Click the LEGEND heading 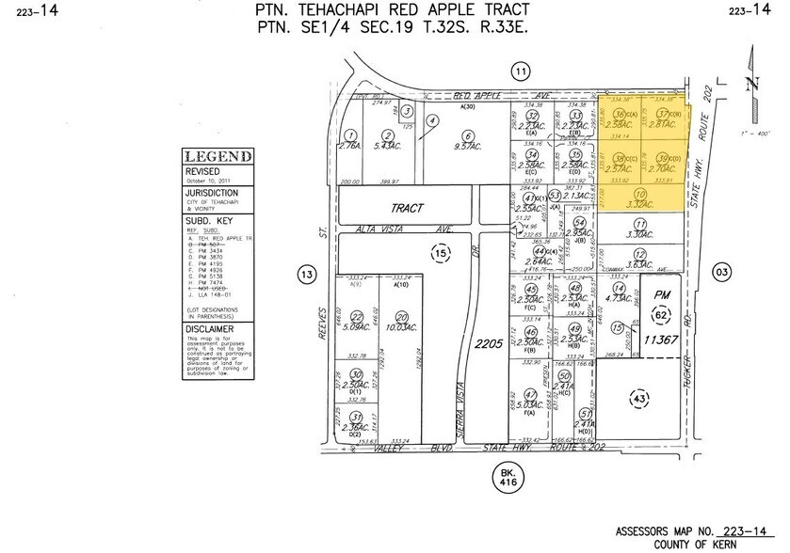point(218,156)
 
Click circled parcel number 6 point(432,121)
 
